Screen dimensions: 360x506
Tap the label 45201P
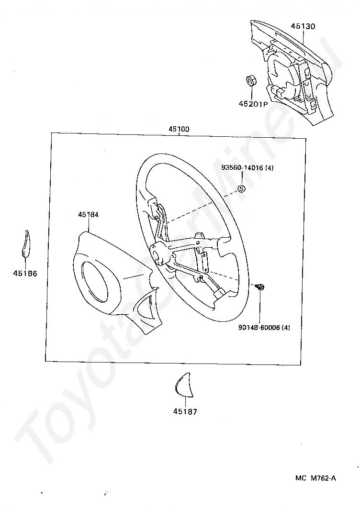pyautogui.click(x=253, y=103)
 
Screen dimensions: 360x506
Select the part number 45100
pyautogui.click(x=179, y=129)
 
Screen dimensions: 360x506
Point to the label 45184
pyautogui.click(x=88, y=215)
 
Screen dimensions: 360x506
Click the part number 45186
pyautogui.click(x=25, y=273)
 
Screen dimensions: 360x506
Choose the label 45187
pyautogui.click(x=185, y=411)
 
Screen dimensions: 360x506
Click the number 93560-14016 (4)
pyautogui.click(x=247, y=168)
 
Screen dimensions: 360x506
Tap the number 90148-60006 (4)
pyautogui.click(x=264, y=328)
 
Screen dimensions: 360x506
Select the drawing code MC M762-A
pyautogui.click(x=315, y=478)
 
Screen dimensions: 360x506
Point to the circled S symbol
pyautogui.click(x=241, y=188)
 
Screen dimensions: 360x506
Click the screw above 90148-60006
pyautogui.click(x=260, y=287)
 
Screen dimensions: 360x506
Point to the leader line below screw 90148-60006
pyautogui.click(x=260, y=306)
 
